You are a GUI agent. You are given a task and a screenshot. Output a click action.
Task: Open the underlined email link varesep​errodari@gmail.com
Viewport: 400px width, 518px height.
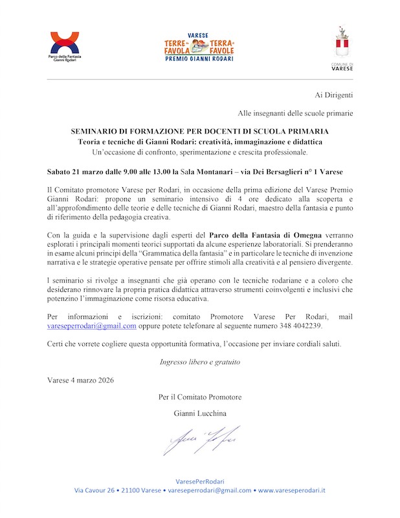(x=92, y=326)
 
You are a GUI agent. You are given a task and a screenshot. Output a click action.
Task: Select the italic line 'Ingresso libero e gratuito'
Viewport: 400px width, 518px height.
(x=200, y=362)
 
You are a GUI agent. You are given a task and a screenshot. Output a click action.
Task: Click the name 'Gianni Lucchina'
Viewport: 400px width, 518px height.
(x=200, y=413)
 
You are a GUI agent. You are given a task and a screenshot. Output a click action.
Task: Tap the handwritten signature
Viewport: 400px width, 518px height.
(x=201, y=440)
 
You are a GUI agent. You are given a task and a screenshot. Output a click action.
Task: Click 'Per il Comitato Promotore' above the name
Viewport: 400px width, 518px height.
(x=200, y=396)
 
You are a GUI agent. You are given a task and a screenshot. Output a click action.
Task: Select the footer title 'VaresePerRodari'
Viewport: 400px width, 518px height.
(x=200, y=482)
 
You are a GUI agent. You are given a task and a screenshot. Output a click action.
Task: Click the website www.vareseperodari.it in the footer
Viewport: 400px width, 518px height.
(x=291, y=491)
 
